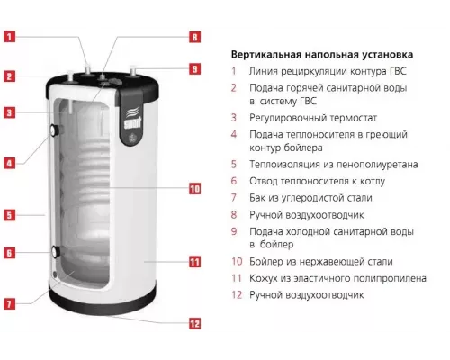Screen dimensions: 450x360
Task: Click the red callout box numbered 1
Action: (x=9, y=37)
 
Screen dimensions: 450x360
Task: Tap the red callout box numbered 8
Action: (x=194, y=37)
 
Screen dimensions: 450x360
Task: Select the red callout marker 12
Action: (x=194, y=324)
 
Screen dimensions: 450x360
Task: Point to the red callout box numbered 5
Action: (x=9, y=215)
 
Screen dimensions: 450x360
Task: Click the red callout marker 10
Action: (x=194, y=189)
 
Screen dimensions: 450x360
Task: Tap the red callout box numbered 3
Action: (x=9, y=112)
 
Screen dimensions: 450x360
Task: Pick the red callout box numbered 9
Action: (x=194, y=69)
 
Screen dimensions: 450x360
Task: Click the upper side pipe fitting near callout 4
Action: (x=55, y=130)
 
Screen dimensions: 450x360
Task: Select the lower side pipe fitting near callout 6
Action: (x=56, y=251)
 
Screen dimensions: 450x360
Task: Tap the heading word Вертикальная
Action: (x=266, y=55)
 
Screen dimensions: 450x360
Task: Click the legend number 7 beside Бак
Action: (x=234, y=198)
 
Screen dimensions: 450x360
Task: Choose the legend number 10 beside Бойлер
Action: (x=237, y=261)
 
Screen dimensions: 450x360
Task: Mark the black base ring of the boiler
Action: (x=103, y=300)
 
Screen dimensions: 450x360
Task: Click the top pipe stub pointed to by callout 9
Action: (x=133, y=71)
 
